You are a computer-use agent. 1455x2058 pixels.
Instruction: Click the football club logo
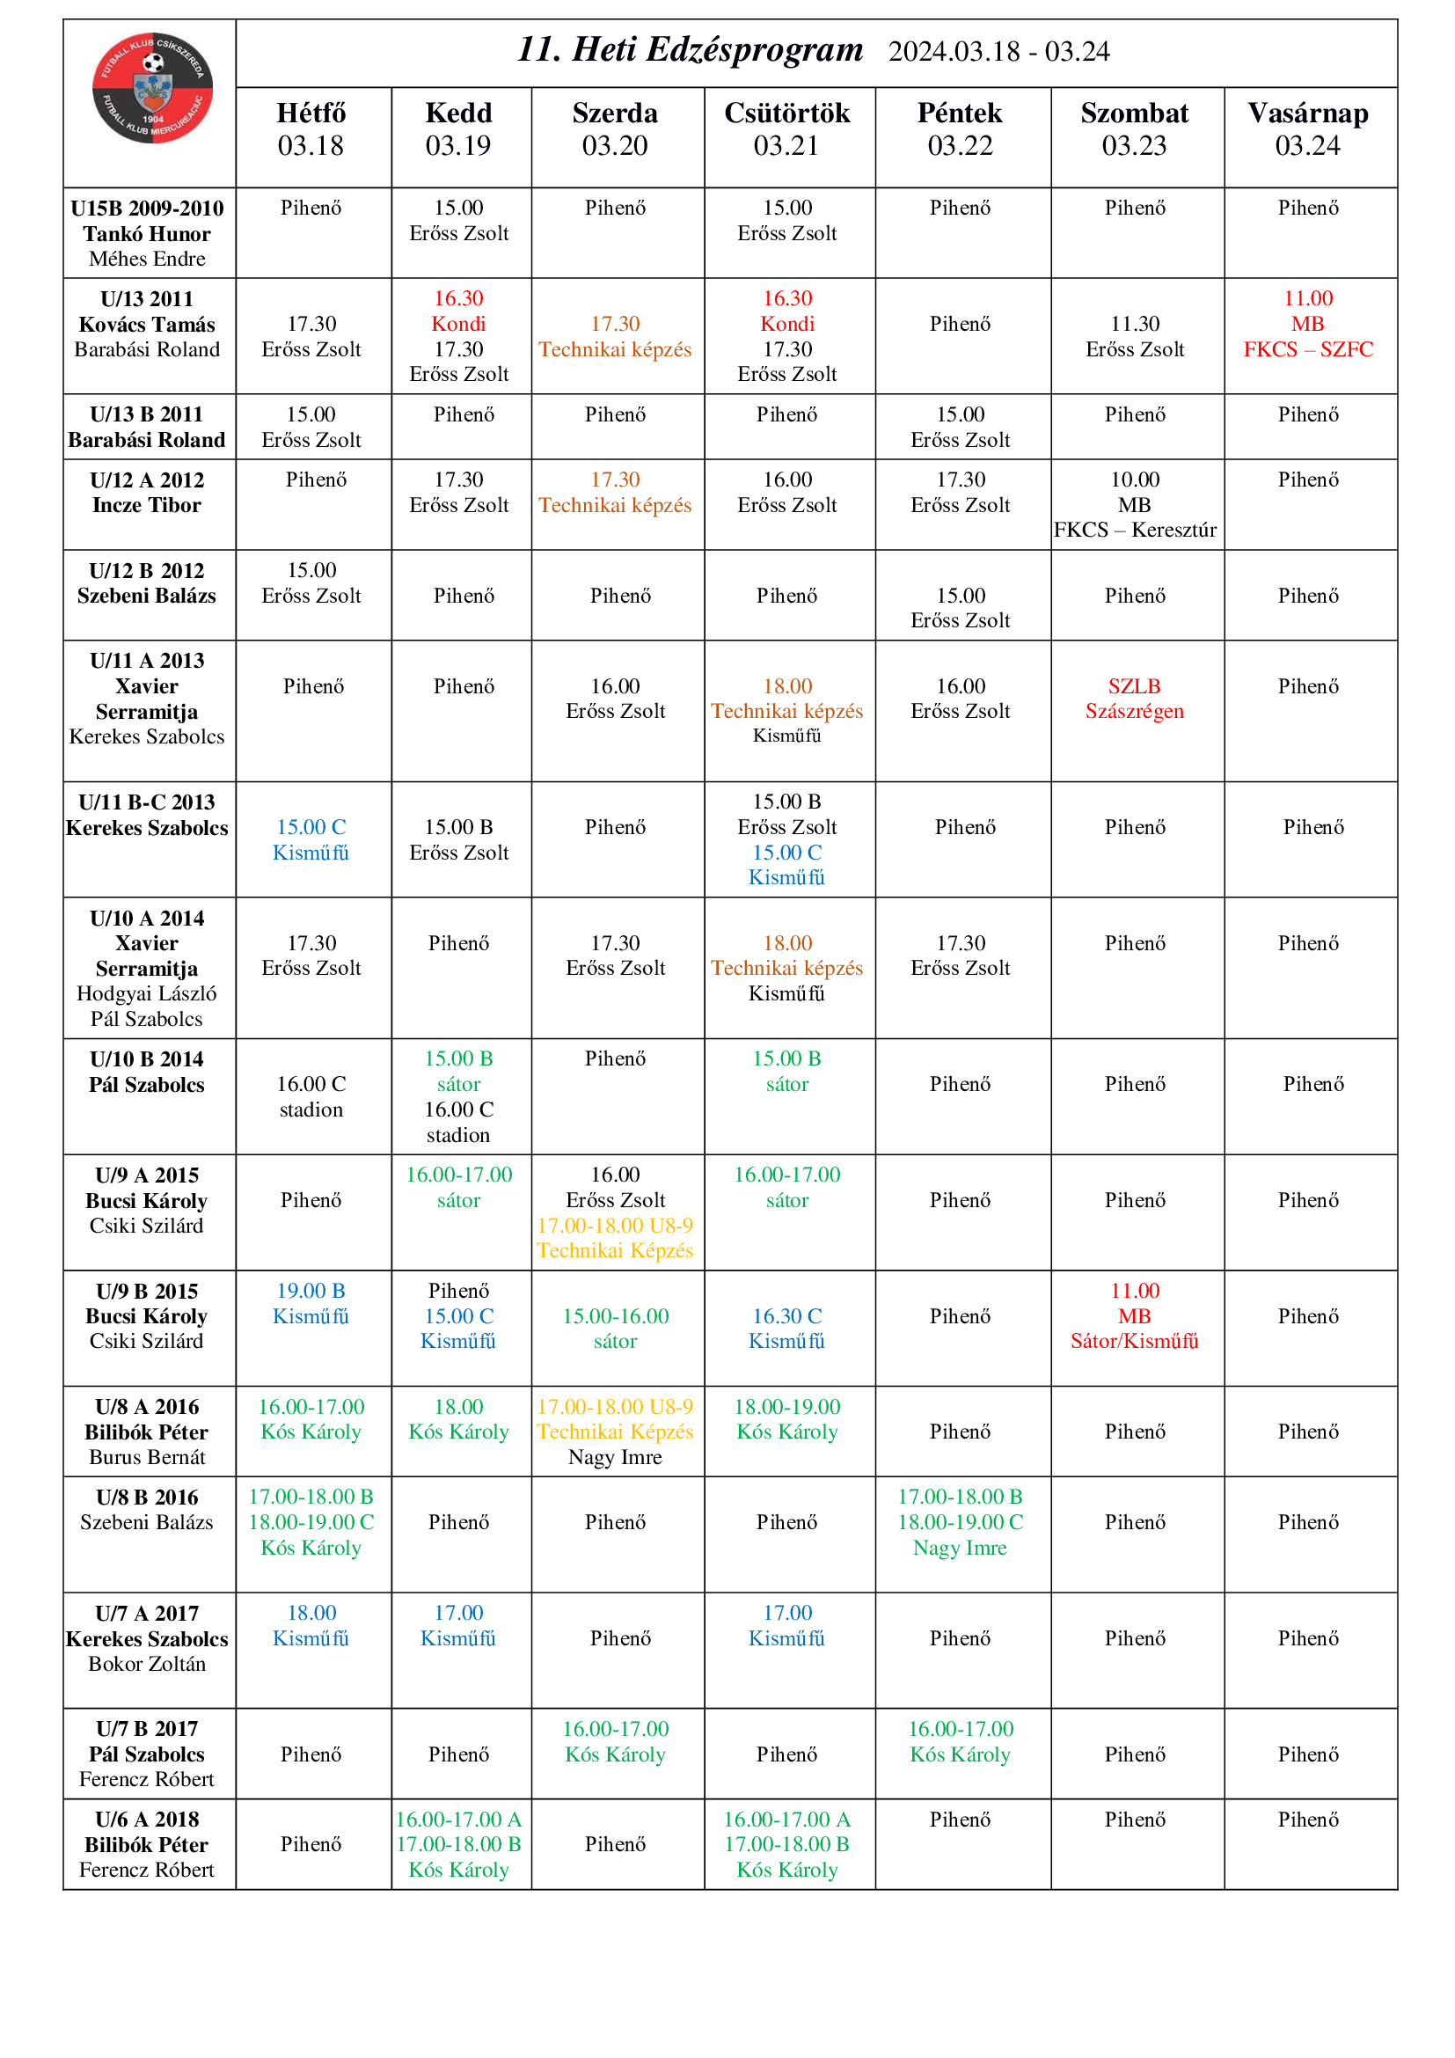tap(152, 88)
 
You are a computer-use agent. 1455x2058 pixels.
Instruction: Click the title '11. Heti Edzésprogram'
tap(690, 50)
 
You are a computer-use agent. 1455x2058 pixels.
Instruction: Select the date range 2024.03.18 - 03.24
tap(998, 52)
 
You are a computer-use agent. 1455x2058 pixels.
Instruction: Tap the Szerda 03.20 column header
tap(615, 129)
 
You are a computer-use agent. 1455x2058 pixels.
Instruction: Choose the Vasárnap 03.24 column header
tap(1307, 129)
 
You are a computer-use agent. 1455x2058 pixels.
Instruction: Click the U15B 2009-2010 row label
tap(147, 233)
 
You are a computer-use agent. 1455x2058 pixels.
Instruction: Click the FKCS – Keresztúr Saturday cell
tap(1134, 505)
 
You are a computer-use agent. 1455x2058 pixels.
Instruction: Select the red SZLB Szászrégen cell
tap(1134, 699)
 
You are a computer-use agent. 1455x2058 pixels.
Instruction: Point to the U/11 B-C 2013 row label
tap(147, 814)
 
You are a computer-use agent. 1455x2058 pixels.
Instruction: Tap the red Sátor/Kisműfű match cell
tap(1134, 1315)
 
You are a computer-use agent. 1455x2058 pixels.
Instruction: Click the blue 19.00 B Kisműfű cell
tap(311, 1303)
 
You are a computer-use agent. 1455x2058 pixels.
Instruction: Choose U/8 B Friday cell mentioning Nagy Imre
tap(960, 1522)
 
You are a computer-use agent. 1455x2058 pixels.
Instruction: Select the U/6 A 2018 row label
tap(147, 1845)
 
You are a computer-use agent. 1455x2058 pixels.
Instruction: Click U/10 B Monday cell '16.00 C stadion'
tap(311, 1096)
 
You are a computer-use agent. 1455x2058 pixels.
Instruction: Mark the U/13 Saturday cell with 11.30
tap(1134, 336)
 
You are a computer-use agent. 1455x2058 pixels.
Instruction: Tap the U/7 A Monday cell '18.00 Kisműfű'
tap(311, 1625)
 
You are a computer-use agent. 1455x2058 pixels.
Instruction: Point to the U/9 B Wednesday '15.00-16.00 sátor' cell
tap(615, 1329)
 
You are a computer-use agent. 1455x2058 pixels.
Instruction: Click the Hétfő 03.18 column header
tap(311, 129)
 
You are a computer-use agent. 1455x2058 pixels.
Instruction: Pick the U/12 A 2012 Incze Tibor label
tap(147, 492)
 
